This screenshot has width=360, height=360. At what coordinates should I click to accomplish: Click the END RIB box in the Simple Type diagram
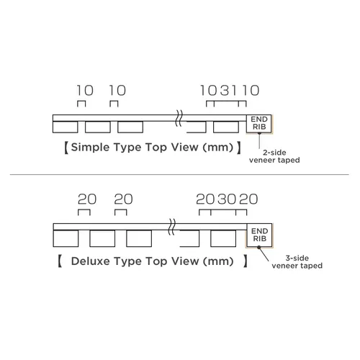coord(259,124)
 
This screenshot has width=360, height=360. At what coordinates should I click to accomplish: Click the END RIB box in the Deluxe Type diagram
coord(259,235)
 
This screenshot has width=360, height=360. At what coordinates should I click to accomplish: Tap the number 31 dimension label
coord(228,91)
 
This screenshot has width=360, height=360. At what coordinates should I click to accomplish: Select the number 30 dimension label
coord(227,199)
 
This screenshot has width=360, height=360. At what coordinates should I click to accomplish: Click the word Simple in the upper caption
coord(90,148)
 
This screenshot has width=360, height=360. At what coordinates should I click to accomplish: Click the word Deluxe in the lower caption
coord(91,261)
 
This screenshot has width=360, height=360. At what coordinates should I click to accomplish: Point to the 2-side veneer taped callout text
coord(274,156)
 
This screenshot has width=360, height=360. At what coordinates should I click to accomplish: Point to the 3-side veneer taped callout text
coord(297,262)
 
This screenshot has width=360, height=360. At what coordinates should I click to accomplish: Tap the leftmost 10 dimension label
coord(85,91)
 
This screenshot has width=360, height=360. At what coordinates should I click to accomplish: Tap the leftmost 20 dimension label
coord(87,199)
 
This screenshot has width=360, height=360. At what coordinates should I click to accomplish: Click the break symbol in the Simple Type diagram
coord(179,118)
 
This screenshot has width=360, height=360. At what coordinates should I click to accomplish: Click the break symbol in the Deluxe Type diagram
coord(172,227)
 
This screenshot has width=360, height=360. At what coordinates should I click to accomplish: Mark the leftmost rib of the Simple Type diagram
coord(66,127)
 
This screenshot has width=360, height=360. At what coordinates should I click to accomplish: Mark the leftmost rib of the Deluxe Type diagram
coord(66,238)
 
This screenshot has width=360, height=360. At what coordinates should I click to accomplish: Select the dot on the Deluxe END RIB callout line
coord(258,247)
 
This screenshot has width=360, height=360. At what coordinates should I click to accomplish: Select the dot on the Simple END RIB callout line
coord(259,132)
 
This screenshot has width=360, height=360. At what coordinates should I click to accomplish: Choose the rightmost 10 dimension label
coord(251,91)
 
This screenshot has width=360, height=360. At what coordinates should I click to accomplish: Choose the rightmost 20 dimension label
coord(248,199)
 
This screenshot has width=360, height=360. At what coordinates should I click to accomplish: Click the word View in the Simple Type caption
coord(184,147)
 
